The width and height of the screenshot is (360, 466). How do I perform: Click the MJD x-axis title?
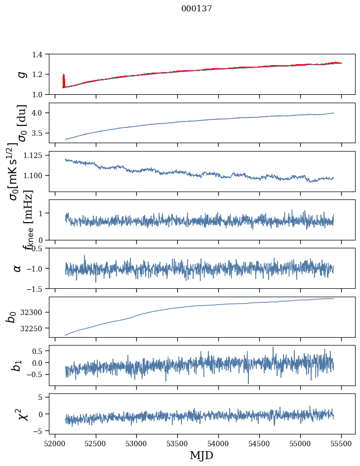pyautogui.click(x=201, y=455)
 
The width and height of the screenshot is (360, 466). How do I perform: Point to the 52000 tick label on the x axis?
pyautogui.click(x=55, y=442)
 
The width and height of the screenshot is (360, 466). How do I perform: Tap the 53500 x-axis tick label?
pyautogui.click(x=177, y=442)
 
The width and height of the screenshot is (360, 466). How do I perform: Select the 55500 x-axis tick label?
pyautogui.click(x=341, y=442)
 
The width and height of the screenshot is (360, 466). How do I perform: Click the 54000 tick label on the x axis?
pyautogui.click(x=218, y=442)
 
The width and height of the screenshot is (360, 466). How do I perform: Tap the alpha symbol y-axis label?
pyautogui.click(x=18, y=268)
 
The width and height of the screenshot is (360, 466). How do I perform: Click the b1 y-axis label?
pyautogui.click(x=18, y=365)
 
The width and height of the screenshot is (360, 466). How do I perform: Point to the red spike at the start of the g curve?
pyautogui.click(x=64, y=79)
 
